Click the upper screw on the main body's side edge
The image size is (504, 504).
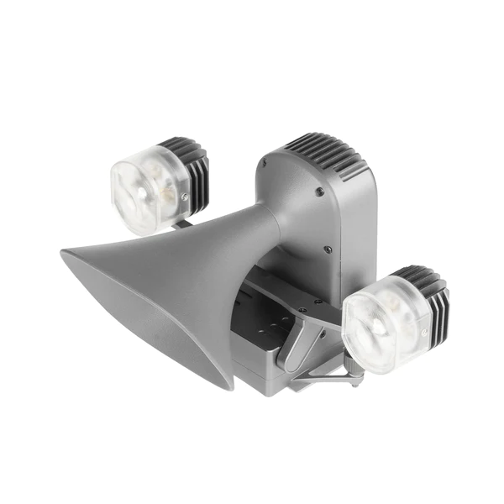(x=320, y=192)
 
